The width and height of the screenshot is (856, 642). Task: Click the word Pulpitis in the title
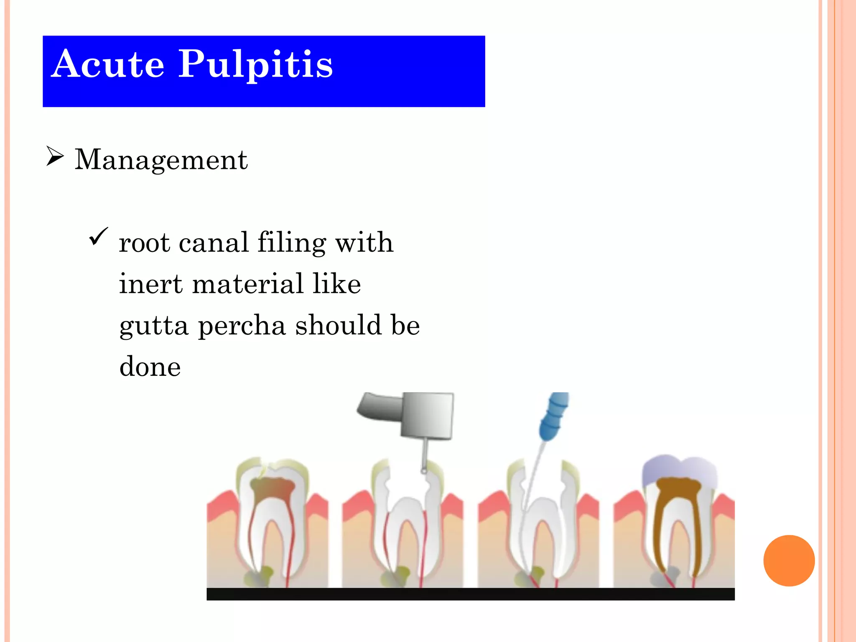pyautogui.click(x=255, y=65)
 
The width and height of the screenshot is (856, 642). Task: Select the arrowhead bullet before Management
pyautogui.click(x=55, y=156)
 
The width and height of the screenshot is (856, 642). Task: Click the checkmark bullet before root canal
pyautogui.click(x=98, y=237)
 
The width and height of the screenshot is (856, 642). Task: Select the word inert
pyautogui.click(x=151, y=284)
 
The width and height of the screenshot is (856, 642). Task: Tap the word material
pyautogui.click(x=247, y=284)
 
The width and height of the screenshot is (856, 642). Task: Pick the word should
pyautogui.click(x=338, y=325)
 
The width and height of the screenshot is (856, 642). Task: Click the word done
pyautogui.click(x=150, y=367)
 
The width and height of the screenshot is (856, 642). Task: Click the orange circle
pyautogui.click(x=789, y=560)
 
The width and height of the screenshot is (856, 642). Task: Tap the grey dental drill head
pyautogui.click(x=426, y=415)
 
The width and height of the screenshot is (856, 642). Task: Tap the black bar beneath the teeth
pyautogui.click(x=470, y=594)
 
